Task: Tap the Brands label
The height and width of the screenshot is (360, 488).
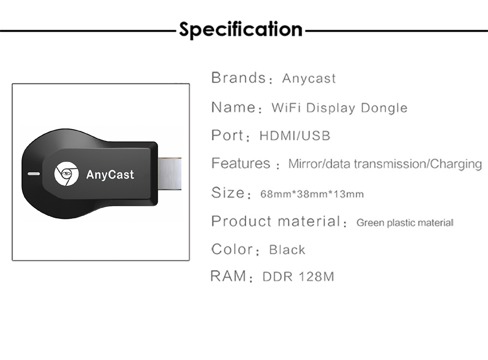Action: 238,78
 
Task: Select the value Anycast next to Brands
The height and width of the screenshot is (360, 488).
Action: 309,79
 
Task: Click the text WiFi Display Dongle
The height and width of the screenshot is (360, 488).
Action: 339,107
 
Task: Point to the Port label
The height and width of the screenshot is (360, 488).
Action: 227,135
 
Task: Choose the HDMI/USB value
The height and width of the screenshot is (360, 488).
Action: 295,135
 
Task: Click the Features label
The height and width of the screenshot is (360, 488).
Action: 241,163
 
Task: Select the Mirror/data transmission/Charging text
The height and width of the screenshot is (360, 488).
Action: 385,164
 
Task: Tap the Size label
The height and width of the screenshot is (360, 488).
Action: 228,192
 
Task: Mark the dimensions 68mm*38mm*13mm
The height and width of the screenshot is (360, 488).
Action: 312,194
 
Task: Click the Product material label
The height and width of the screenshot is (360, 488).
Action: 276,221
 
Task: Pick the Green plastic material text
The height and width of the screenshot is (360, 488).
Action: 405,223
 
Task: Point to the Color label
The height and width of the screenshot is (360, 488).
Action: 232,249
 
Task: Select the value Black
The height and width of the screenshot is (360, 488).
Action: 287,250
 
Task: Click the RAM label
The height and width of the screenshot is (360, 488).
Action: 228,276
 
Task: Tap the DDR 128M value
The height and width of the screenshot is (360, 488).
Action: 298,276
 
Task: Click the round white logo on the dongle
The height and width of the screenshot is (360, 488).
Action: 66,174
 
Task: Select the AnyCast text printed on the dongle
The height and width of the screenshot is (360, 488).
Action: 110,174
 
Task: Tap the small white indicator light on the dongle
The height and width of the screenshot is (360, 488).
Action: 34,174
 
